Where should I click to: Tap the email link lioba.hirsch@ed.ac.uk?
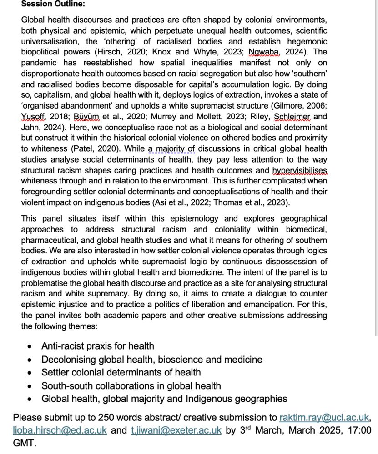pyautogui.click(x=60, y=430)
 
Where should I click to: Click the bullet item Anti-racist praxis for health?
pyautogui.click(x=97, y=346)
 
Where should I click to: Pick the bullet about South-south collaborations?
pyautogui.click(x=131, y=386)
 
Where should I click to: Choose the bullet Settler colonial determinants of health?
pyautogui.click(x=121, y=373)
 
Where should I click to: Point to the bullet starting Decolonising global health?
pyautogui.click(x=152, y=360)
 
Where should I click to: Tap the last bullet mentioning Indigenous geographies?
pyautogui.click(x=164, y=399)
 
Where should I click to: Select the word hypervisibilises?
pyautogui.click(x=299, y=171)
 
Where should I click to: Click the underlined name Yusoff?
pyautogui.click(x=34, y=116)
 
